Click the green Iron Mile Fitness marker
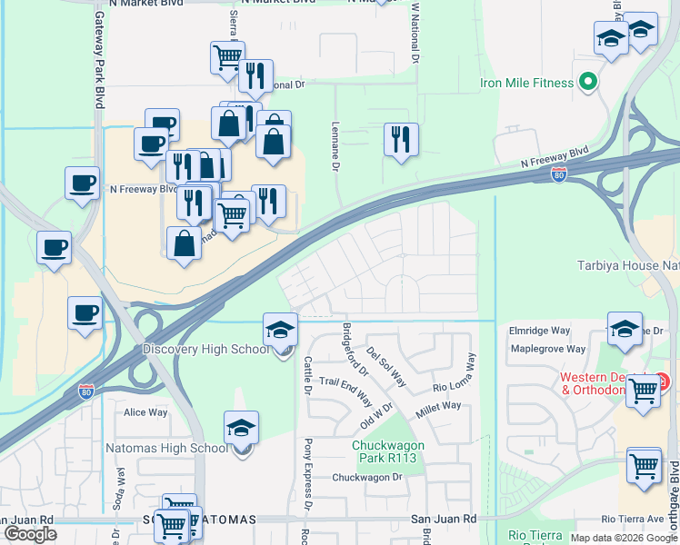click(x=587, y=84)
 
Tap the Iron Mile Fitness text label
click(x=527, y=84)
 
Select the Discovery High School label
click(x=205, y=350)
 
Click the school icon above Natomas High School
click(x=242, y=426)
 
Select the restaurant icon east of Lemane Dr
click(x=401, y=140)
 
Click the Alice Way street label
click(x=145, y=411)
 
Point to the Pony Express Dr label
click(x=308, y=487)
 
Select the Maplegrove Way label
click(x=548, y=349)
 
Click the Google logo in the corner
click(x=30, y=534)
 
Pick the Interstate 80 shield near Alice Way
click(x=85, y=392)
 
